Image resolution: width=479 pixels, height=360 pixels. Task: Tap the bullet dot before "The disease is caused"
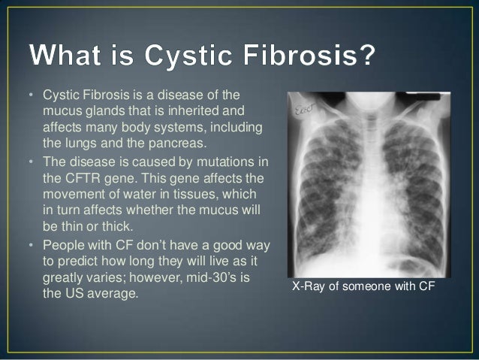click(x=32, y=162)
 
